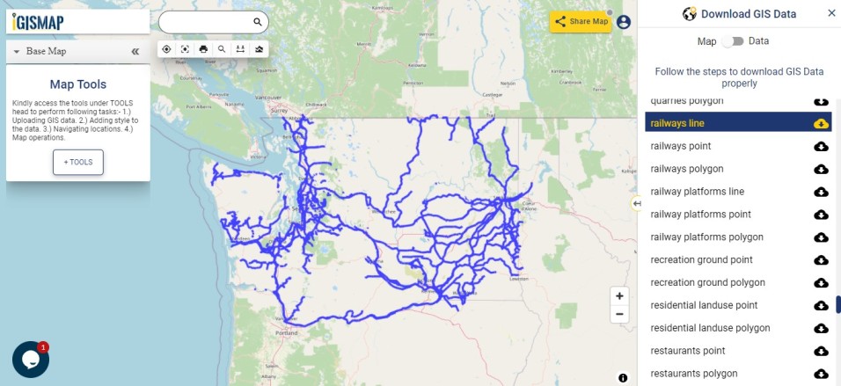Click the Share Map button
[x=581, y=22]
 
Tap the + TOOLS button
[x=78, y=163]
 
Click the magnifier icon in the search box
[x=258, y=22]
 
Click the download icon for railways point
[x=821, y=147]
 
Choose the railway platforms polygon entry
[x=706, y=237]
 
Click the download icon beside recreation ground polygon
[x=821, y=283]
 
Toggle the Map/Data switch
[x=733, y=41]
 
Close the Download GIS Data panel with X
[x=831, y=13]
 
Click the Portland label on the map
[x=287, y=333]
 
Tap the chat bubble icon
[x=30, y=360]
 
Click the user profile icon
[x=624, y=22]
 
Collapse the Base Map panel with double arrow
[x=135, y=52]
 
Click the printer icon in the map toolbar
[x=203, y=49]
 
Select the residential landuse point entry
[x=704, y=305]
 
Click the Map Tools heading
[x=78, y=85]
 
